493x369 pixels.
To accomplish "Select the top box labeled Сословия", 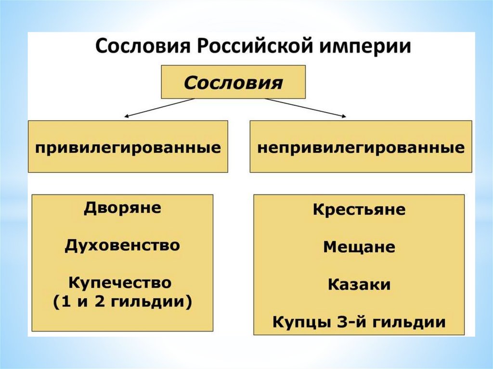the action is (233, 82).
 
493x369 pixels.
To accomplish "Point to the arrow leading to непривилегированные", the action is (305, 108).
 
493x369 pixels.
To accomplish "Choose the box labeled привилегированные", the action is (128, 146).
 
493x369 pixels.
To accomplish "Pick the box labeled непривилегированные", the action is (361, 146).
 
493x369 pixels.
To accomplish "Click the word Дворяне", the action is (123, 209).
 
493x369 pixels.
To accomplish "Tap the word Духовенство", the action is (122, 245).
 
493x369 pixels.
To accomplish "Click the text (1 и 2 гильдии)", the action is (122, 302).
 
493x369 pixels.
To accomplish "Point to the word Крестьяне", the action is (359, 210).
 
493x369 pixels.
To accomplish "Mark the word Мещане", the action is (359, 247).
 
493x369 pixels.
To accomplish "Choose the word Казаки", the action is (359, 284).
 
